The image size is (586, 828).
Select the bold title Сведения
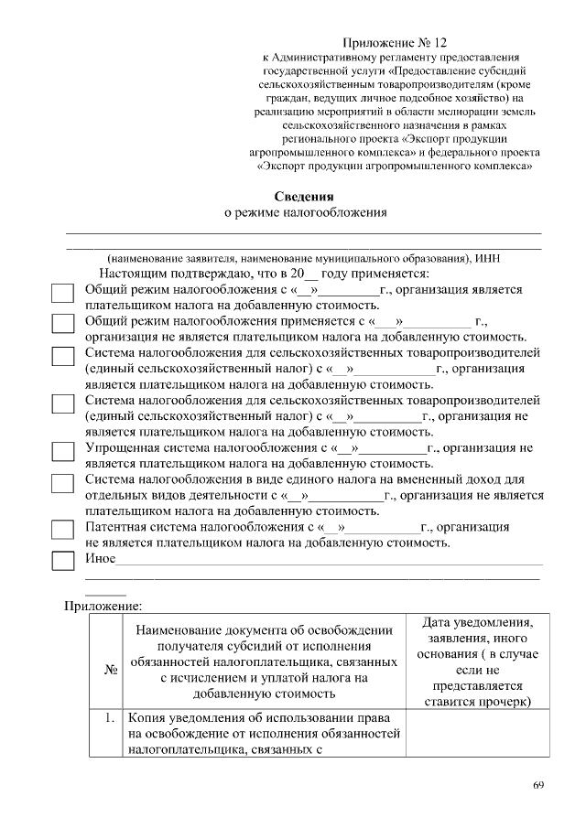(x=305, y=197)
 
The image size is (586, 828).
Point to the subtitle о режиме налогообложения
(x=306, y=213)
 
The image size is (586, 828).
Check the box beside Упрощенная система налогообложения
(x=62, y=452)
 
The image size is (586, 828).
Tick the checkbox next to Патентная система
(x=62, y=531)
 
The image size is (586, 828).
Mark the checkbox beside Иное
(x=62, y=559)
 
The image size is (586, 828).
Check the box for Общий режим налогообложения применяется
(x=62, y=326)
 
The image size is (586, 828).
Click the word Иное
(x=100, y=558)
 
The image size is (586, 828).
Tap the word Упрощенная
(x=118, y=448)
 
